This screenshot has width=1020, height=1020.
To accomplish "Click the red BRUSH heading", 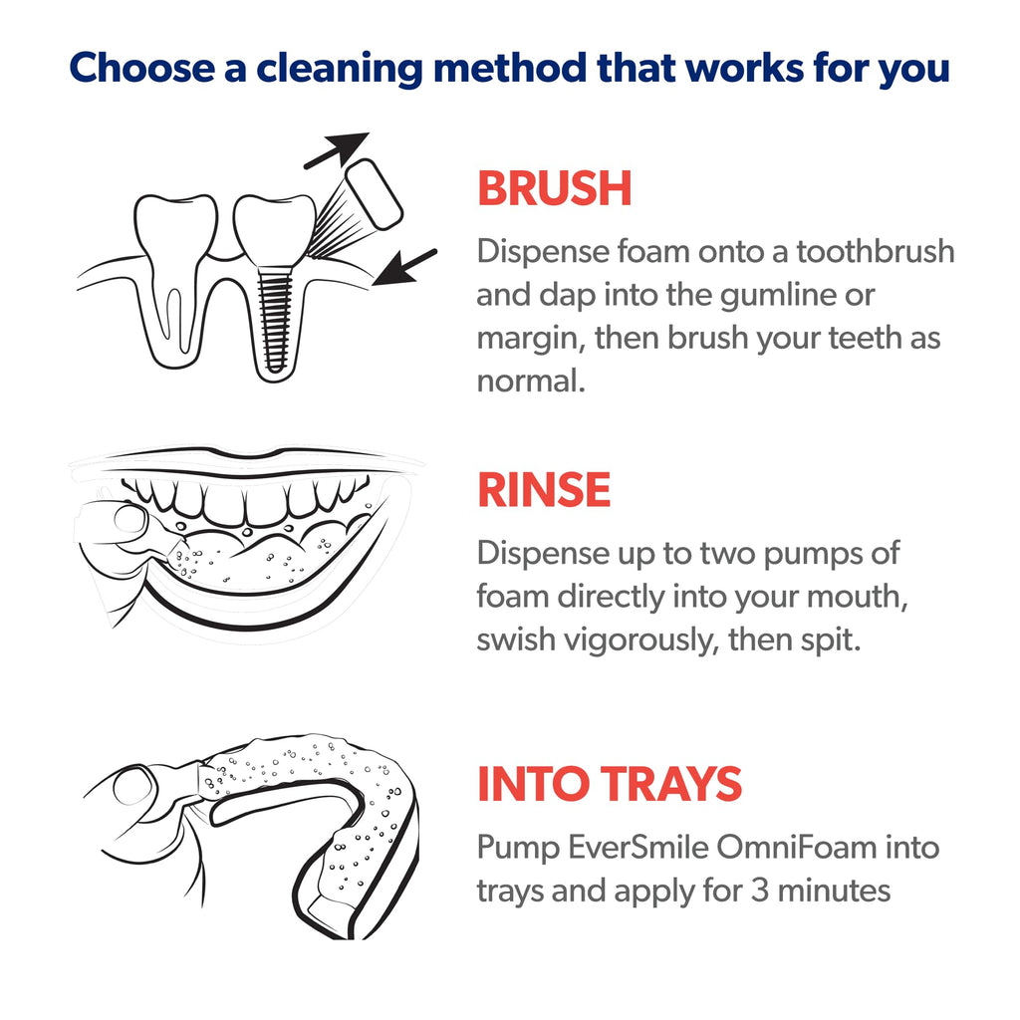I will [554, 189].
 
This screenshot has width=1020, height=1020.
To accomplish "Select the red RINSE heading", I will [543, 490].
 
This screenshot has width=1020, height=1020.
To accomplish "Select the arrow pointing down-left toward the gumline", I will [408, 266].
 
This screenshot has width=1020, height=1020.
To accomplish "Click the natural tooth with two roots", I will [175, 269].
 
